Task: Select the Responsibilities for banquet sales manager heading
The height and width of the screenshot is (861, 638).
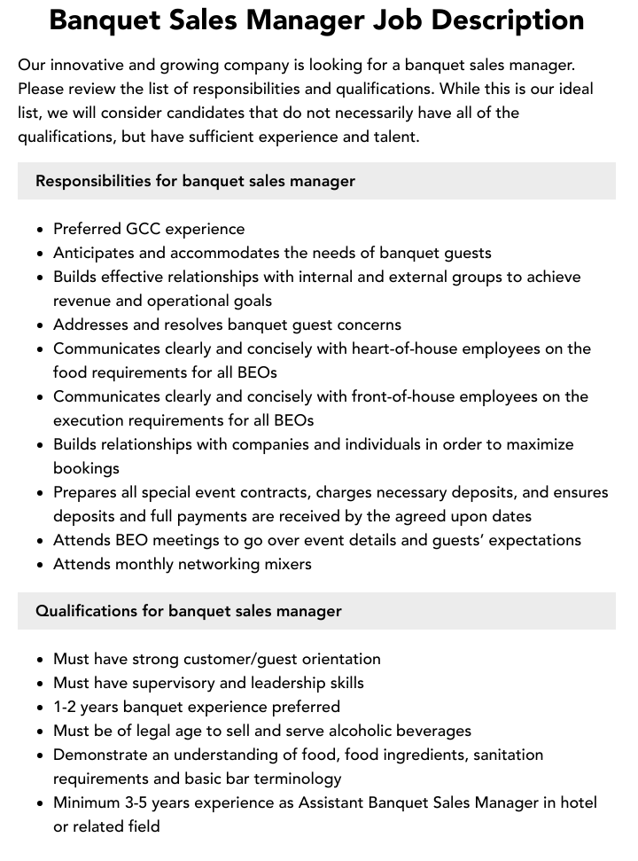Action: click(x=195, y=181)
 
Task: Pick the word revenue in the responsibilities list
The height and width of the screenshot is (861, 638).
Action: click(x=83, y=301)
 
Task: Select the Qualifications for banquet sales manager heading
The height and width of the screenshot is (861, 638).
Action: click(x=189, y=611)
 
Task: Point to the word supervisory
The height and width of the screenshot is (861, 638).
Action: click(x=172, y=683)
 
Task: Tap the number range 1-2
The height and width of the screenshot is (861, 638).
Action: click(x=67, y=707)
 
